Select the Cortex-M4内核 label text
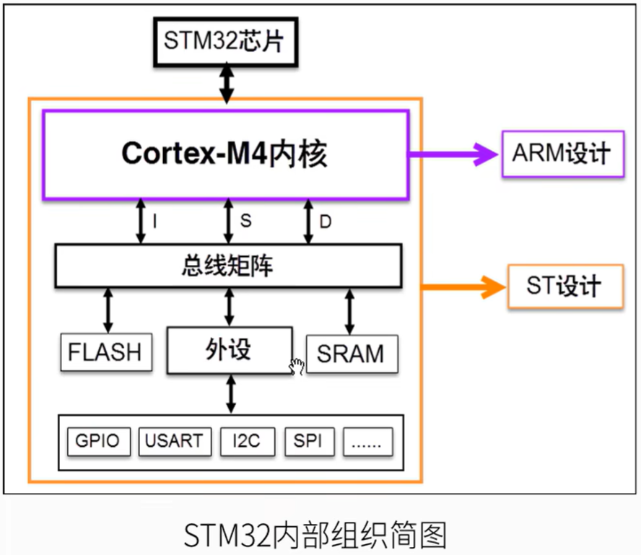click(x=224, y=153)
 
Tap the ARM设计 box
click(x=562, y=154)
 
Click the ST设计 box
click(x=564, y=287)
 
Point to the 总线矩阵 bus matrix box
click(x=228, y=266)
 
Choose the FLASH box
click(x=105, y=352)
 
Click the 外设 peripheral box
click(x=229, y=350)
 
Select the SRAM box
click(x=351, y=354)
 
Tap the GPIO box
click(x=98, y=440)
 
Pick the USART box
click(x=174, y=440)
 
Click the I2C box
click(x=247, y=440)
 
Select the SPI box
click(x=308, y=440)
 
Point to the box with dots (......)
click(x=368, y=441)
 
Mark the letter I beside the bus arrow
click(x=154, y=221)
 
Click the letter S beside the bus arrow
click(x=245, y=221)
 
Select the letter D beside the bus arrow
click(x=326, y=222)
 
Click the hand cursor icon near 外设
click(x=296, y=367)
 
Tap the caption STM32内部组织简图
click(x=315, y=535)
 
